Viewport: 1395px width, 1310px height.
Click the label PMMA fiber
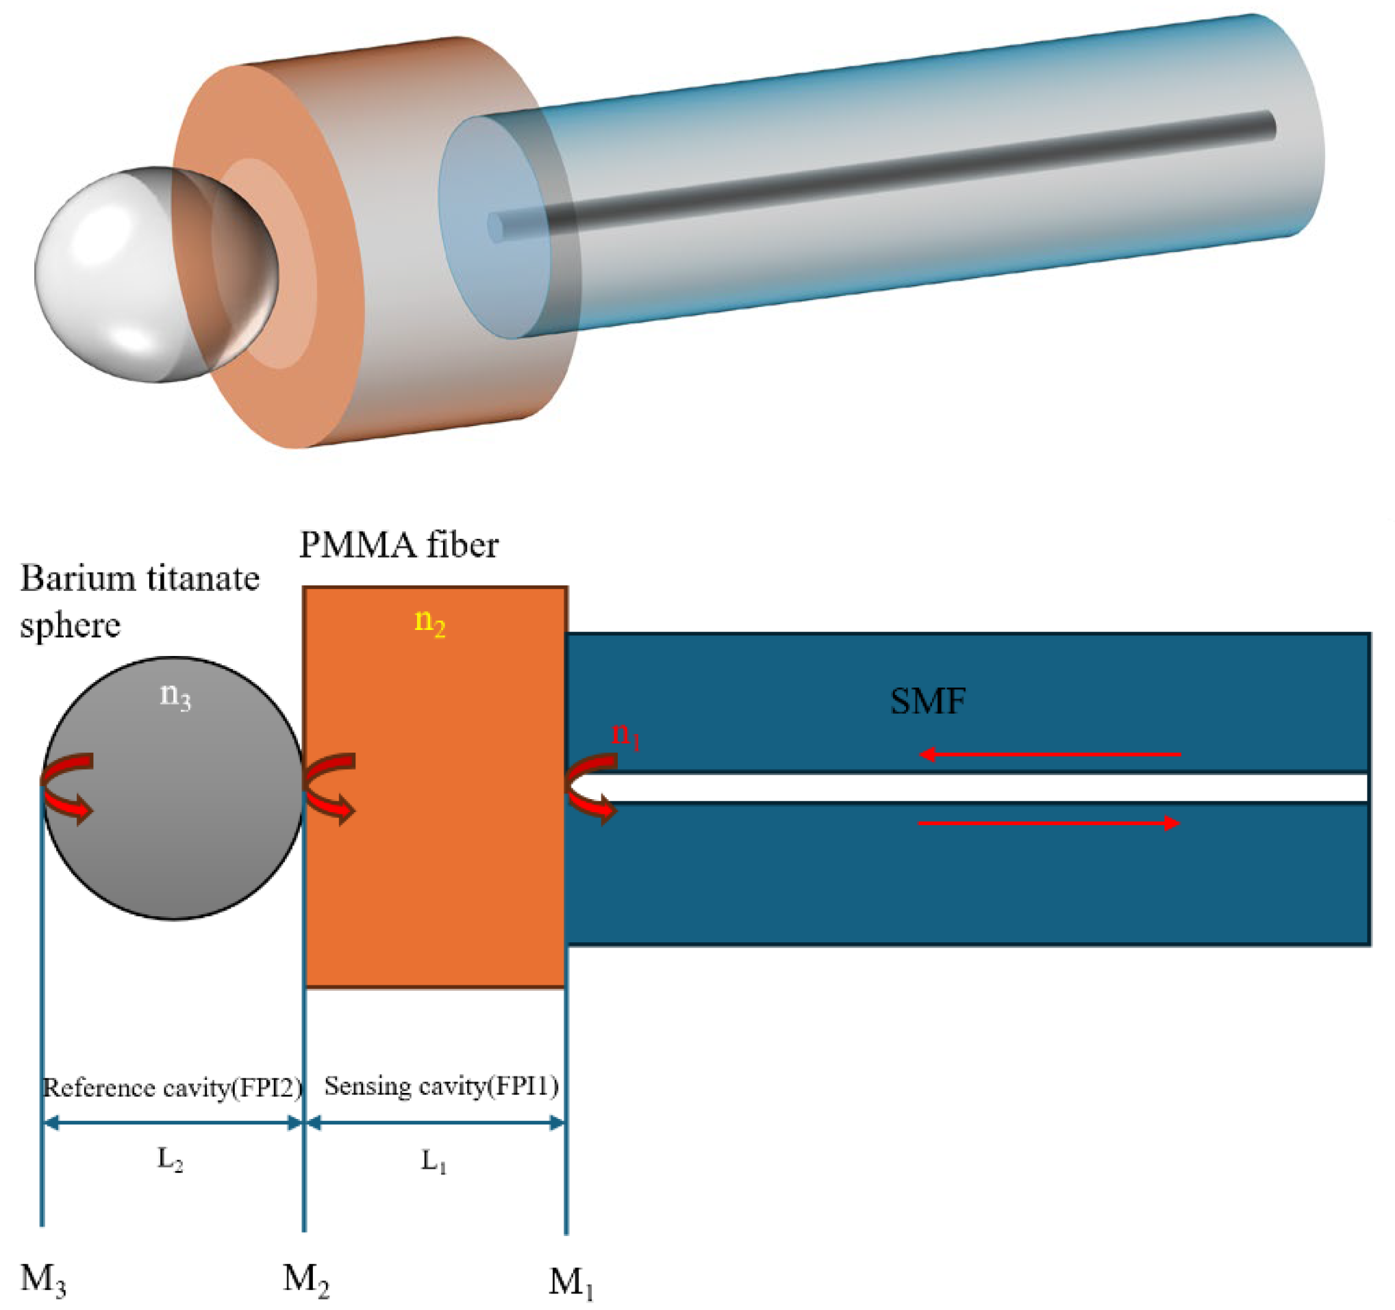coord(399,545)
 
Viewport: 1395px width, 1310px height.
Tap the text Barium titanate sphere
coord(139,601)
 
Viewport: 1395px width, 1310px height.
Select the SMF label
coord(928,701)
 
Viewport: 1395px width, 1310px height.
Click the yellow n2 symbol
coord(430,622)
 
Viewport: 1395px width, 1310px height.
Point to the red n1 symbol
coord(626,735)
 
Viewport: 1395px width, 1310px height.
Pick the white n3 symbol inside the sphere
coord(175,696)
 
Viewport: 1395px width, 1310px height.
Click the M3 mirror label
coord(44,1278)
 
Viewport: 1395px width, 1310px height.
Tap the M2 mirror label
coord(306,1278)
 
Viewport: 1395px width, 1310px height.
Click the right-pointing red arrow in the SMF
coord(1050,823)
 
